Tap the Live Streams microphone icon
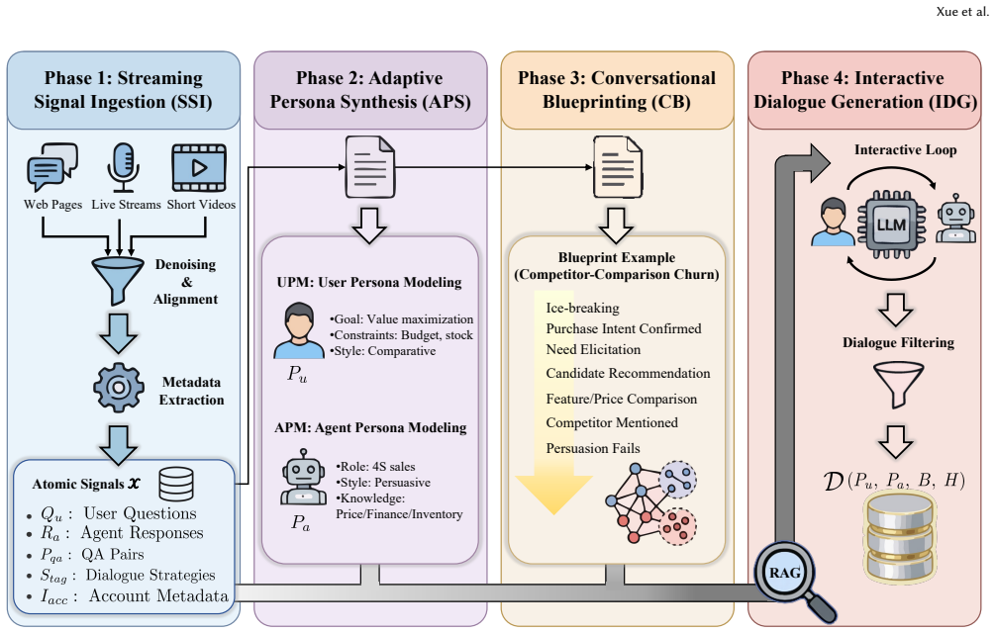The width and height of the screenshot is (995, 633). point(123,167)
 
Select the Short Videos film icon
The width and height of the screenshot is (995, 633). point(199,167)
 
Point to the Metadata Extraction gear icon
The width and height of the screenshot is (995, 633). point(119,387)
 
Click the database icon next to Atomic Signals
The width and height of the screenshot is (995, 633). point(176,485)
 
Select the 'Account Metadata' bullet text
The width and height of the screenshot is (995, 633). point(158,596)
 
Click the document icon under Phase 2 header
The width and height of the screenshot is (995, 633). point(370,168)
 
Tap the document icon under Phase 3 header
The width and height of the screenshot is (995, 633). point(618,168)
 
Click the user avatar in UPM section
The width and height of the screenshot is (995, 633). point(299,330)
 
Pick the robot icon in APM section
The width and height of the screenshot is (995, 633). point(303,477)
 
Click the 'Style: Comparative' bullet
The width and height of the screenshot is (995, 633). point(382,351)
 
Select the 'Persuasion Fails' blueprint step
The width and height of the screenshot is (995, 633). point(593,449)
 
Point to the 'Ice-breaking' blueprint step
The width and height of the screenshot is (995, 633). point(582,308)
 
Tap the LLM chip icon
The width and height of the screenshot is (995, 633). point(891,225)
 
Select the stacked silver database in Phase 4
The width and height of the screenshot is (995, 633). point(900,538)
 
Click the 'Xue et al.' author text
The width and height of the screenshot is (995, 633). point(962,12)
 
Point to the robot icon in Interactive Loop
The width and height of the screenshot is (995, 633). point(956,219)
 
